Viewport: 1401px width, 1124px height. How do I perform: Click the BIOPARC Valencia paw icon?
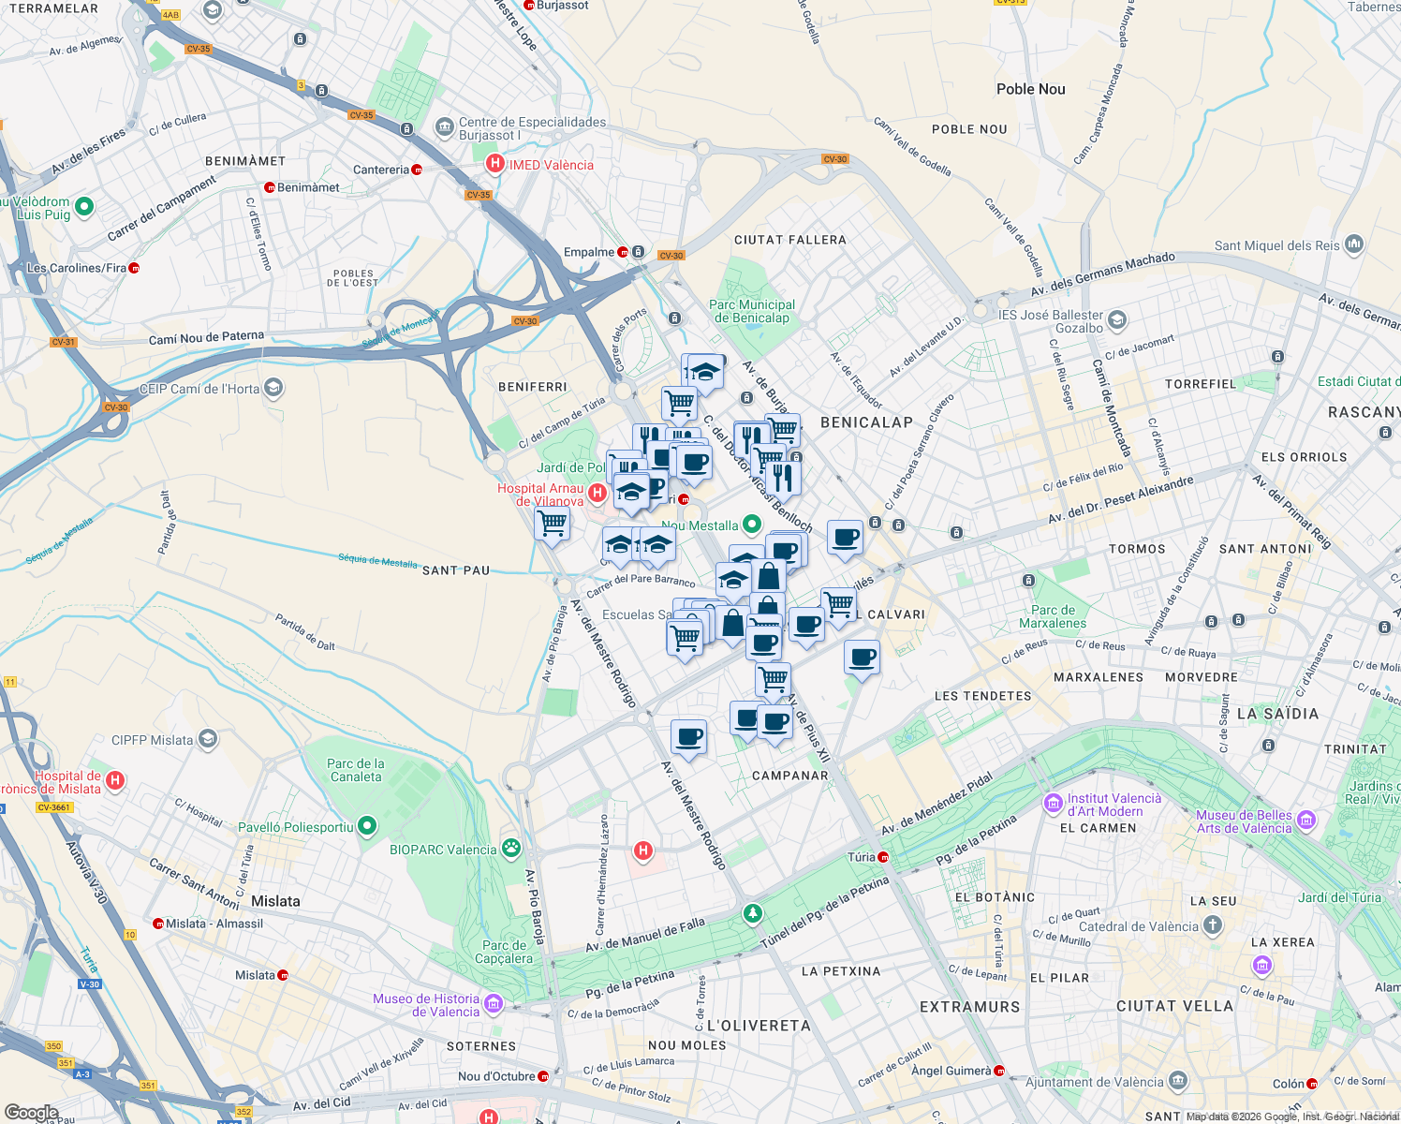pos(510,850)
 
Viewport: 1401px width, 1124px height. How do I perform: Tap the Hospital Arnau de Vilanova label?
pos(540,495)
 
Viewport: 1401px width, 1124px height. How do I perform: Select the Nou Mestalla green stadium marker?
pos(751,525)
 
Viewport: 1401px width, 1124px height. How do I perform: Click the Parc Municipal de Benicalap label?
pos(752,311)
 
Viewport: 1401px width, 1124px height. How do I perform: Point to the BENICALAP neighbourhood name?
pos(866,422)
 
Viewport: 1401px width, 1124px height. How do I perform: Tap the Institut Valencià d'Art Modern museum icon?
pos(1053,804)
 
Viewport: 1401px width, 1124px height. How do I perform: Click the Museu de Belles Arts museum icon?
pos(1306,821)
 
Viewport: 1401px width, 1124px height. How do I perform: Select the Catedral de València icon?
pos(1213,926)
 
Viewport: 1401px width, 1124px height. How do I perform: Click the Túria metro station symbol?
pos(883,857)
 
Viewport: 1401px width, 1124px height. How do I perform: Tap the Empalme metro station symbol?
pos(623,252)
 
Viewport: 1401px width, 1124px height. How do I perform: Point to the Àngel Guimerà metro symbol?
pos(999,1071)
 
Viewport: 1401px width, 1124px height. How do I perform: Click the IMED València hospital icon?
pos(494,165)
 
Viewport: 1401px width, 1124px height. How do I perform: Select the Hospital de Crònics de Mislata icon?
pos(115,779)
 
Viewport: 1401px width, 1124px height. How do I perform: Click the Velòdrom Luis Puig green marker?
pos(84,207)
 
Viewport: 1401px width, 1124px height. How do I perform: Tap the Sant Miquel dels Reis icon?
pos(1353,245)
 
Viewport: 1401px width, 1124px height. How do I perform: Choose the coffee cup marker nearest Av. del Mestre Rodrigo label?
pos(689,737)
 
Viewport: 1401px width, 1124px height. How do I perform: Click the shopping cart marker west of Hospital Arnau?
pos(553,523)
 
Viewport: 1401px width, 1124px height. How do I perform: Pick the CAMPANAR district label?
pos(790,776)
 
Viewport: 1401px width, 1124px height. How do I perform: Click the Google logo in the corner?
pos(31,1113)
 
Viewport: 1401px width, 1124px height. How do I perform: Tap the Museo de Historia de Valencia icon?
pos(494,1004)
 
